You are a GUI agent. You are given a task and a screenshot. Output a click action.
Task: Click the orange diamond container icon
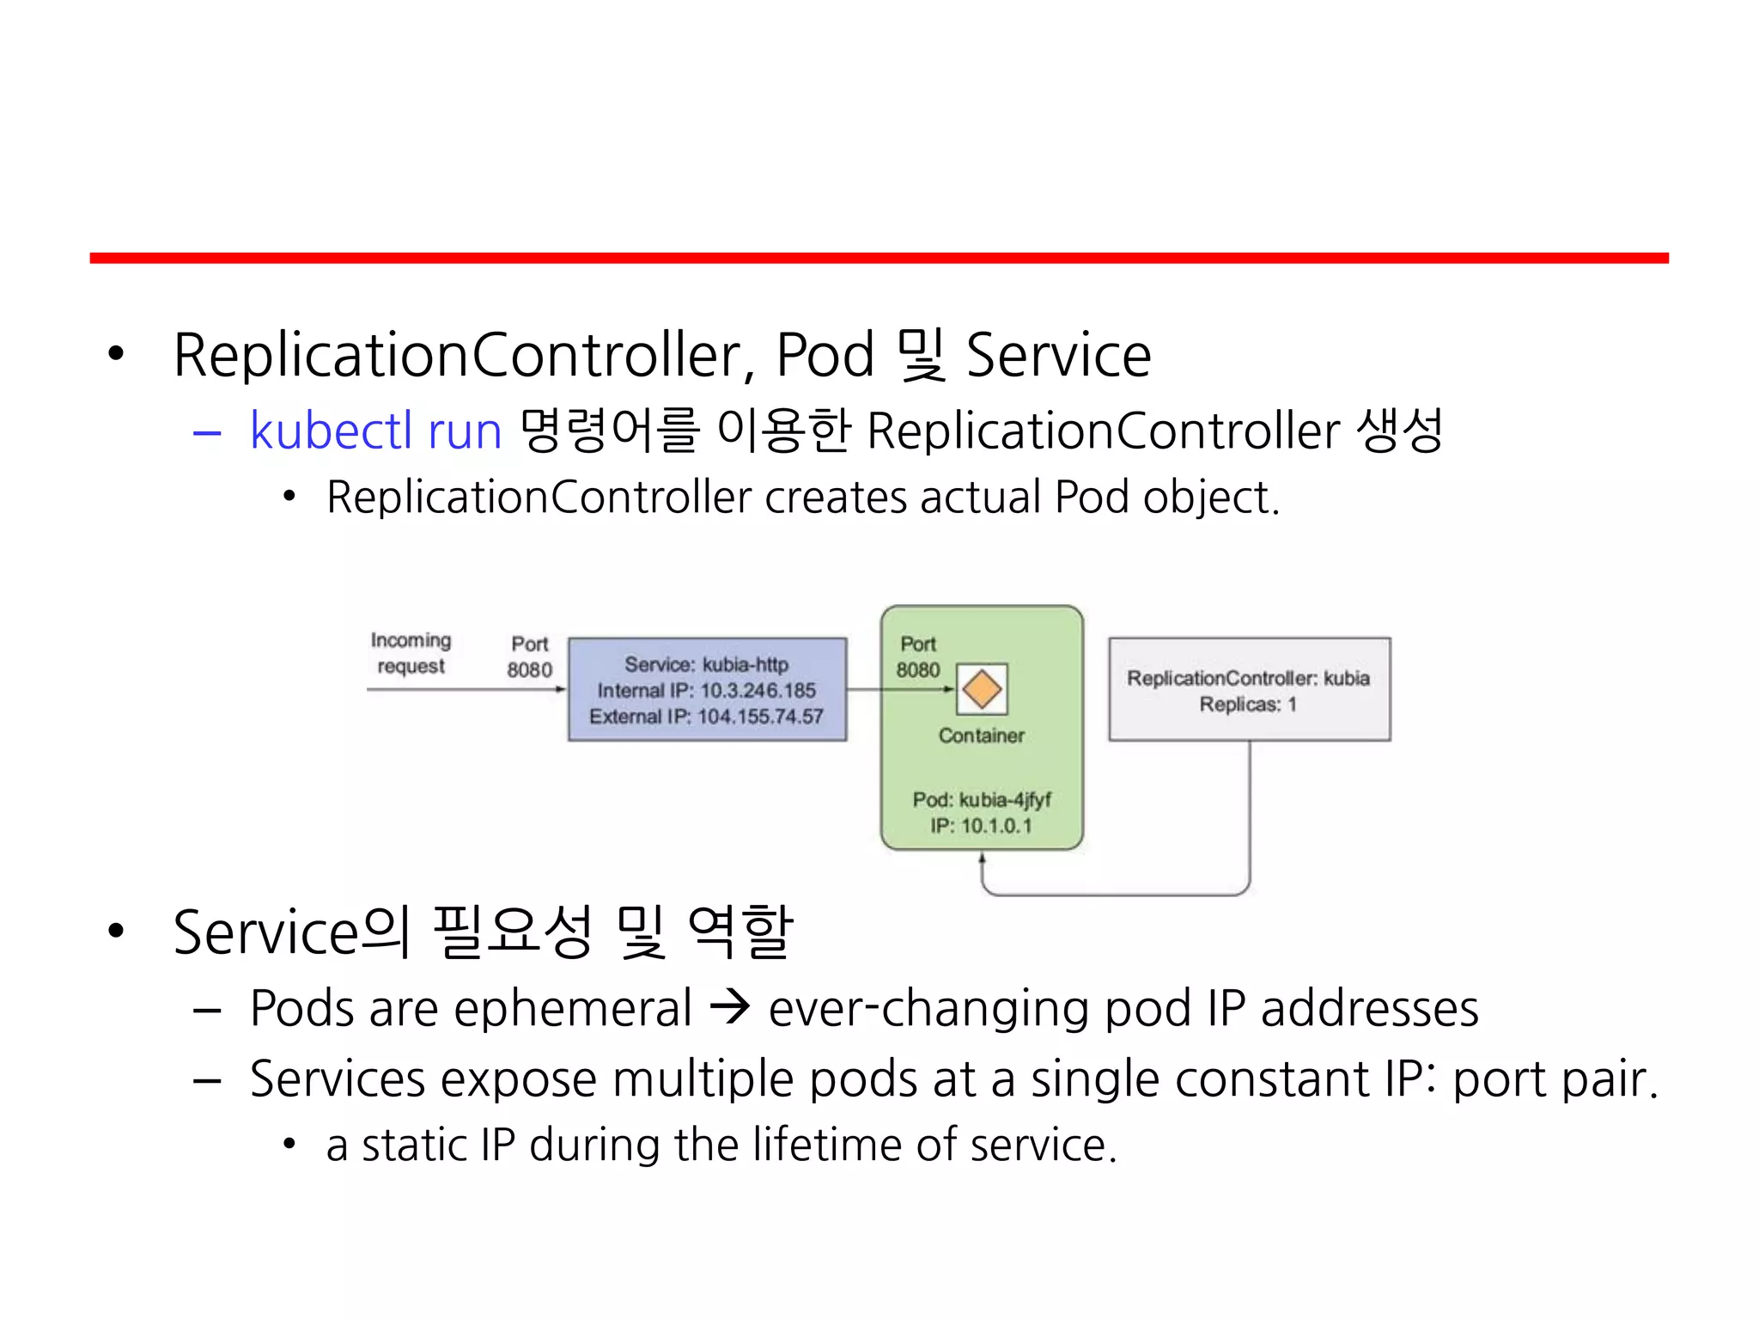pyautogui.click(x=982, y=688)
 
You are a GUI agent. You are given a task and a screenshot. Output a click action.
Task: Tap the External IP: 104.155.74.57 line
pyautogui.click(x=706, y=717)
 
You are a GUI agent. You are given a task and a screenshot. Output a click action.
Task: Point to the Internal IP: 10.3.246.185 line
pyautogui.click(x=706, y=691)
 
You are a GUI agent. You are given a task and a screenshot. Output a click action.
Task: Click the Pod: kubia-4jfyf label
pyautogui.click(x=982, y=800)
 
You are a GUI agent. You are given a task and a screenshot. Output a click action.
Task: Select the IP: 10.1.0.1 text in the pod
pyautogui.click(x=982, y=826)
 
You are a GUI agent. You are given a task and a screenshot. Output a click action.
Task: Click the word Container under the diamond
pyautogui.click(x=982, y=736)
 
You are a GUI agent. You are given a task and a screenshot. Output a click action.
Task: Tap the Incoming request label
pyautogui.click(x=411, y=653)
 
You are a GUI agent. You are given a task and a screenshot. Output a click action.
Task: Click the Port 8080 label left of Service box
pyautogui.click(x=529, y=657)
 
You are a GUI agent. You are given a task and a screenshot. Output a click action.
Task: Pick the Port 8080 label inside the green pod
pyautogui.click(x=918, y=657)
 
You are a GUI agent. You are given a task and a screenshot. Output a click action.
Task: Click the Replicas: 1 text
pyautogui.click(x=1248, y=705)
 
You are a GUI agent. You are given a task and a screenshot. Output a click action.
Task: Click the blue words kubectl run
pyautogui.click(x=375, y=431)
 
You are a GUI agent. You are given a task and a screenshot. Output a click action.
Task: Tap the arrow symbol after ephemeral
pyautogui.click(x=731, y=1007)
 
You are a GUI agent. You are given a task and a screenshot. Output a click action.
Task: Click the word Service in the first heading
pyautogui.click(x=1057, y=355)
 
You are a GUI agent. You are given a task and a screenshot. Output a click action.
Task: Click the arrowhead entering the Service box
pyautogui.click(x=561, y=689)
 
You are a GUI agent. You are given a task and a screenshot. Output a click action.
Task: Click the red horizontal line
pyautogui.click(x=879, y=258)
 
